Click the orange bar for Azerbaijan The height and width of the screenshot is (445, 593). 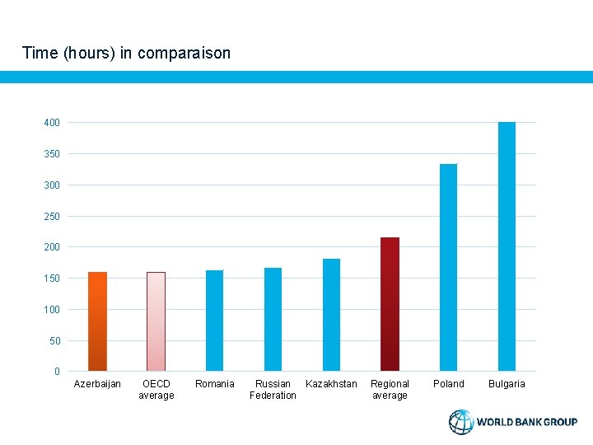97,321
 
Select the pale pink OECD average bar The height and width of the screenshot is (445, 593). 156,321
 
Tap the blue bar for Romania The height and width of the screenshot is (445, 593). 214,321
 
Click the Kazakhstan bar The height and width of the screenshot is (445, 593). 331,315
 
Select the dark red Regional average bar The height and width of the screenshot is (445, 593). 390,304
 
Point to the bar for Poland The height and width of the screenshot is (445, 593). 448,268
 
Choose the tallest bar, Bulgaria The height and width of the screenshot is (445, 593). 507,246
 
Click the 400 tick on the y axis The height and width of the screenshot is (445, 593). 52,123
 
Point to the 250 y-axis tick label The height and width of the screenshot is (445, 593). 52,216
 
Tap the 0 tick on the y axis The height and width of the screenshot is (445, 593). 57,372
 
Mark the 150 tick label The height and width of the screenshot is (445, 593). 52,279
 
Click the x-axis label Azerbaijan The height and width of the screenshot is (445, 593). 97,384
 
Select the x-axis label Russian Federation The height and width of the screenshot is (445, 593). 273,390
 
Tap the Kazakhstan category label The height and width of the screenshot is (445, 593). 331,384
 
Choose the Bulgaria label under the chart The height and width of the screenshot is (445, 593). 507,384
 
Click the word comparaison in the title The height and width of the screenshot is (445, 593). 184,54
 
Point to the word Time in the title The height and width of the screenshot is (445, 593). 40,54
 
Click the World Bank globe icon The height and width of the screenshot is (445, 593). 461,422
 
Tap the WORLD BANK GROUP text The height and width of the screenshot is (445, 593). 527,422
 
